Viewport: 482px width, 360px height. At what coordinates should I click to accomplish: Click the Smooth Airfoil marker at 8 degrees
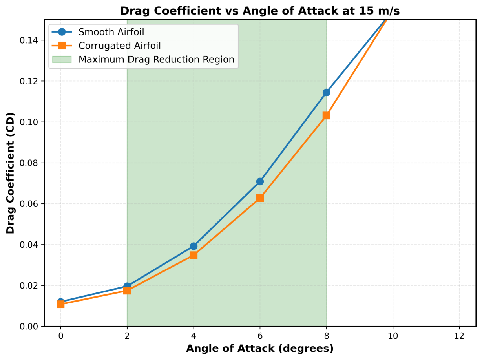point(326,92)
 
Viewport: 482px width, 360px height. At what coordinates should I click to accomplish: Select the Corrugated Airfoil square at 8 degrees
point(326,115)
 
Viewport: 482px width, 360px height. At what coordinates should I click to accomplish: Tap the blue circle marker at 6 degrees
point(260,181)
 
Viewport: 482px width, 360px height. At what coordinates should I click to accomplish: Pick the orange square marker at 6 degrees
point(260,198)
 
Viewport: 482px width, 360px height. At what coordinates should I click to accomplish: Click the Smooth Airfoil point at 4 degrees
point(194,246)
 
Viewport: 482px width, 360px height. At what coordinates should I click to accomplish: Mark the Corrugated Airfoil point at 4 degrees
point(194,255)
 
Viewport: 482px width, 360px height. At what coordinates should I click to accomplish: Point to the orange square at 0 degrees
point(60,304)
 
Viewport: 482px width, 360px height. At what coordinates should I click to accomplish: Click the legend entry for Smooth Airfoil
point(103,32)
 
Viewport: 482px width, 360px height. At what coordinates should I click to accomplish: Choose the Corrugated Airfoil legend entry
point(114,46)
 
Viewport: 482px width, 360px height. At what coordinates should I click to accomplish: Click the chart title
point(260,11)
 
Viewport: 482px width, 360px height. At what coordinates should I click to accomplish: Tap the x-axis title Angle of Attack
point(260,348)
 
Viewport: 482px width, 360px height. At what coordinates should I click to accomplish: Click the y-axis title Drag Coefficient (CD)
point(10,173)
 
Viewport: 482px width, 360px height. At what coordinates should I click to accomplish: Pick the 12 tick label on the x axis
point(459,336)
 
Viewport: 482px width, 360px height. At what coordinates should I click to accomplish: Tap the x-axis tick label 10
point(393,336)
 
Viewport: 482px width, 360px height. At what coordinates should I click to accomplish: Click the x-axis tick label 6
point(260,336)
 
